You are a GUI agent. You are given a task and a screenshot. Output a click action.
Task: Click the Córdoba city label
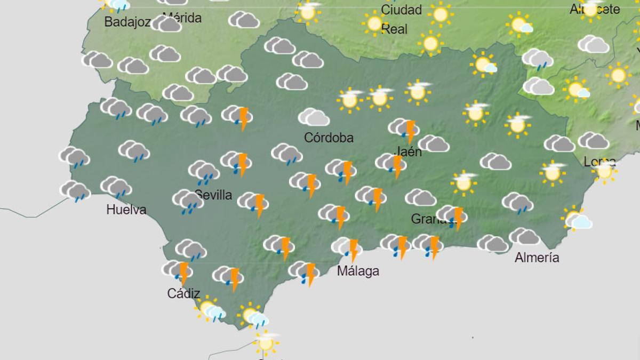point(329,138)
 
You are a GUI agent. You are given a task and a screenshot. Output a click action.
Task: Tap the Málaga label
point(358,271)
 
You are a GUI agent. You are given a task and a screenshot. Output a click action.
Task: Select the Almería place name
point(537,258)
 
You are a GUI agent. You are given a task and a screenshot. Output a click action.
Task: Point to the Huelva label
point(126,210)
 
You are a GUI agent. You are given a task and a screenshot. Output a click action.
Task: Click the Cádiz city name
point(183,293)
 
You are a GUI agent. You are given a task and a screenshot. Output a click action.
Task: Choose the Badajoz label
point(127,22)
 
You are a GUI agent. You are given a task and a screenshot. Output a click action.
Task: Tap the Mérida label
point(182,18)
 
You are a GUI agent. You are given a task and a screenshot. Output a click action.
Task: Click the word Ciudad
point(401,10)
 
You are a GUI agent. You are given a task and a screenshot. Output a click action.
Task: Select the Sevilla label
point(213,195)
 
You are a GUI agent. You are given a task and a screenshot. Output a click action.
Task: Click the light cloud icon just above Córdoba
point(314,117)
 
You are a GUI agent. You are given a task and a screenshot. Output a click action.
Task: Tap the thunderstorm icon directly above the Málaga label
point(347,247)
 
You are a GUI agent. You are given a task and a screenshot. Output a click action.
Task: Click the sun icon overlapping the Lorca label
point(604,170)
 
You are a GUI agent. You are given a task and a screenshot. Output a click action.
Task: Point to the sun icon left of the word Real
point(374,23)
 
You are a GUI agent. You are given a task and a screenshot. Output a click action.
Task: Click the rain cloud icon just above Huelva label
point(116,186)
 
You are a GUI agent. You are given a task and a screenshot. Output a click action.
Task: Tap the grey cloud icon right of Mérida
point(244,20)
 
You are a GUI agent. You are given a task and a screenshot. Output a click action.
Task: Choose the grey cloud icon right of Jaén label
point(434,143)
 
